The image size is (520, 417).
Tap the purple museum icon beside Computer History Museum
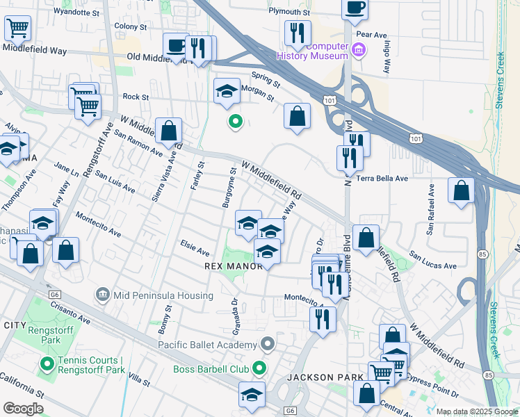click(358, 49)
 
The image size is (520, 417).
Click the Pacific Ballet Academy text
click(207, 345)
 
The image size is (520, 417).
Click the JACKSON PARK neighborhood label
click(320, 377)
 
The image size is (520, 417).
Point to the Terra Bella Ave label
click(382, 179)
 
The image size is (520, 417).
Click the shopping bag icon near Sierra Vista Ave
click(168, 129)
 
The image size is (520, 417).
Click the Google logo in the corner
click(23, 408)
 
